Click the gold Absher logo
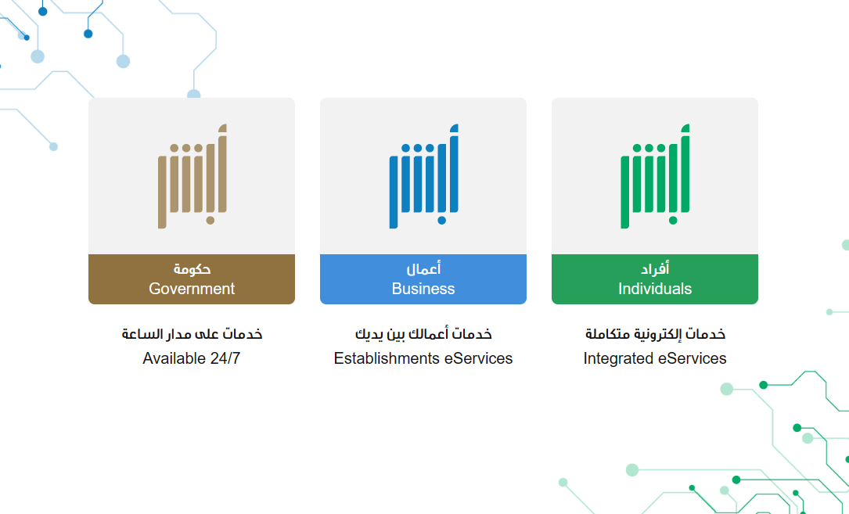[192, 176]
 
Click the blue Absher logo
[423, 176]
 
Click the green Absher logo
[655, 176]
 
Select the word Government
[192, 289]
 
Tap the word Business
[423, 289]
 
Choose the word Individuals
[655, 289]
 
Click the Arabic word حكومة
[192, 268]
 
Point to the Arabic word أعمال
[423, 268]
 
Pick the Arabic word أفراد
[655, 268]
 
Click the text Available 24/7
[192, 358]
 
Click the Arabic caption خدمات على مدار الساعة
[192, 333]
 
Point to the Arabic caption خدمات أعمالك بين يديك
[423, 333]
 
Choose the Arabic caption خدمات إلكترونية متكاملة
[655, 333]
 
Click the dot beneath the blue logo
[442, 221]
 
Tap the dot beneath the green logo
[673, 221]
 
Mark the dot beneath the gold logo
[210, 221]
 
